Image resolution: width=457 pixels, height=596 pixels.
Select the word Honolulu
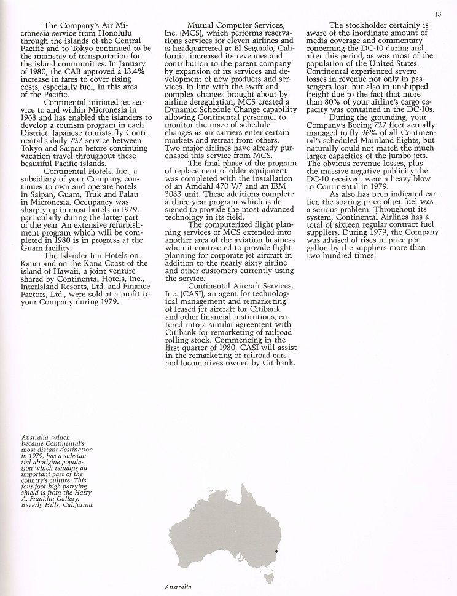click(112, 34)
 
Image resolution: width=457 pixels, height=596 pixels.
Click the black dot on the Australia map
click(276, 552)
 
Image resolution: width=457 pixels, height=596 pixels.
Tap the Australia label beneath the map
click(178, 587)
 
